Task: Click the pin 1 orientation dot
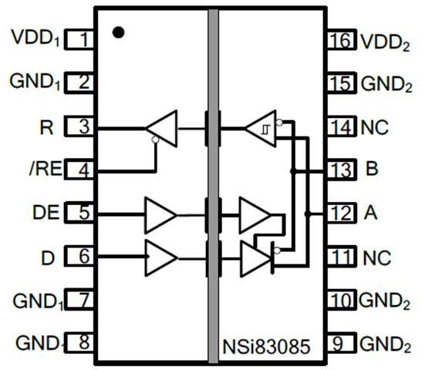pos(119,32)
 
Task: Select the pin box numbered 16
pos(342,39)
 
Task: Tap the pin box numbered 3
pos(79,126)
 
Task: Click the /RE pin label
pos(46,169)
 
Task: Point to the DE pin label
pos(46,212)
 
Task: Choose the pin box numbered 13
pos(342,170)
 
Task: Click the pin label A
pos(370,213)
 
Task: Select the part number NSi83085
pos(266,347)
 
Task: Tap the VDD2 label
pos(385,43)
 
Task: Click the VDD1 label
pos(35,38)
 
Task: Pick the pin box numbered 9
pos(342,343)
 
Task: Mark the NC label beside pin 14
pos(375,127)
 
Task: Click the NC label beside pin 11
pos(376,258)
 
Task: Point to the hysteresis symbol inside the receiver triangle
pos(265,129)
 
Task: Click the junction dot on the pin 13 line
pos(293,171)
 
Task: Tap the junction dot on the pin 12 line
pos(307,214)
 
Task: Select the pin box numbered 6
pos(79,256)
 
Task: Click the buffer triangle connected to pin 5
pos(160,215)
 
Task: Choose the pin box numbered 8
pos(79,342)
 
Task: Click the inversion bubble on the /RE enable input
pos(155,140)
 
